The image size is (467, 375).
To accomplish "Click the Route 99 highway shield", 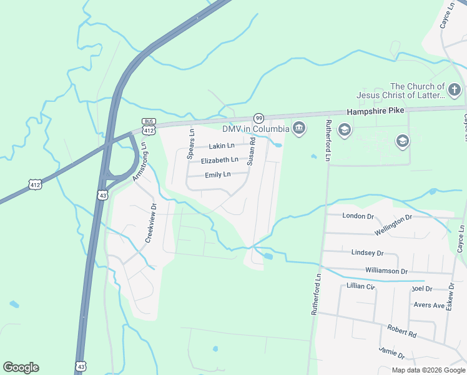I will pos(258,118).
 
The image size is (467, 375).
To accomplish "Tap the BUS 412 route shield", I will pos(149,127).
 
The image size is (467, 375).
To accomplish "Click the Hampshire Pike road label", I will pos(375,111).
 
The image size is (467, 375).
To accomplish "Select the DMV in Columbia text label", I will pos(256,129).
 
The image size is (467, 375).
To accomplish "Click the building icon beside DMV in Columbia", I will pos(299,129).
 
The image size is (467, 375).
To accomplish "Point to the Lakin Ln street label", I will pos(222,146).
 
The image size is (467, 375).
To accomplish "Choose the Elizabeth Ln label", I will pos(219,160).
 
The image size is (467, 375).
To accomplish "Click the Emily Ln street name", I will pos(218,174).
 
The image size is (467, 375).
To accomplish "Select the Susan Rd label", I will pos(252,152).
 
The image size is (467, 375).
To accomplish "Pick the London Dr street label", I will pos(358,216).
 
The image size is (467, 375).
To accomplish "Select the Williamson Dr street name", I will pos(386,271).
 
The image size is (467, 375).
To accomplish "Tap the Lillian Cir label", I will pos(360,286).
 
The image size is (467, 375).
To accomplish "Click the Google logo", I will pos(21,367).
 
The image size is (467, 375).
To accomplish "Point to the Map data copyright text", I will pos(428,370).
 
